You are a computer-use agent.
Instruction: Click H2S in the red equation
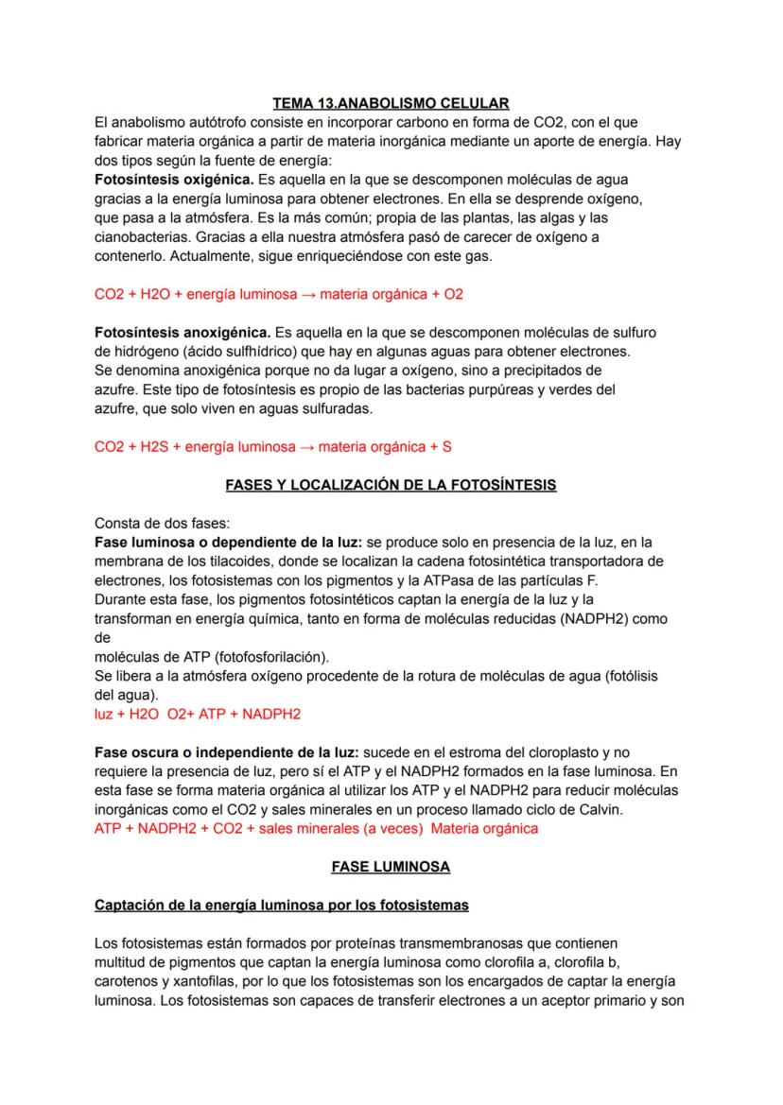click(x=156, y=447)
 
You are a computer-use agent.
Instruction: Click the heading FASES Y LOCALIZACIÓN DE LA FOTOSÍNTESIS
click(x=391, y=485)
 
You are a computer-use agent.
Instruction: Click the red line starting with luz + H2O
click(x=197, y=714)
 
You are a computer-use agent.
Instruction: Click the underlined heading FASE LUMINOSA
click(x=391, y=866)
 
